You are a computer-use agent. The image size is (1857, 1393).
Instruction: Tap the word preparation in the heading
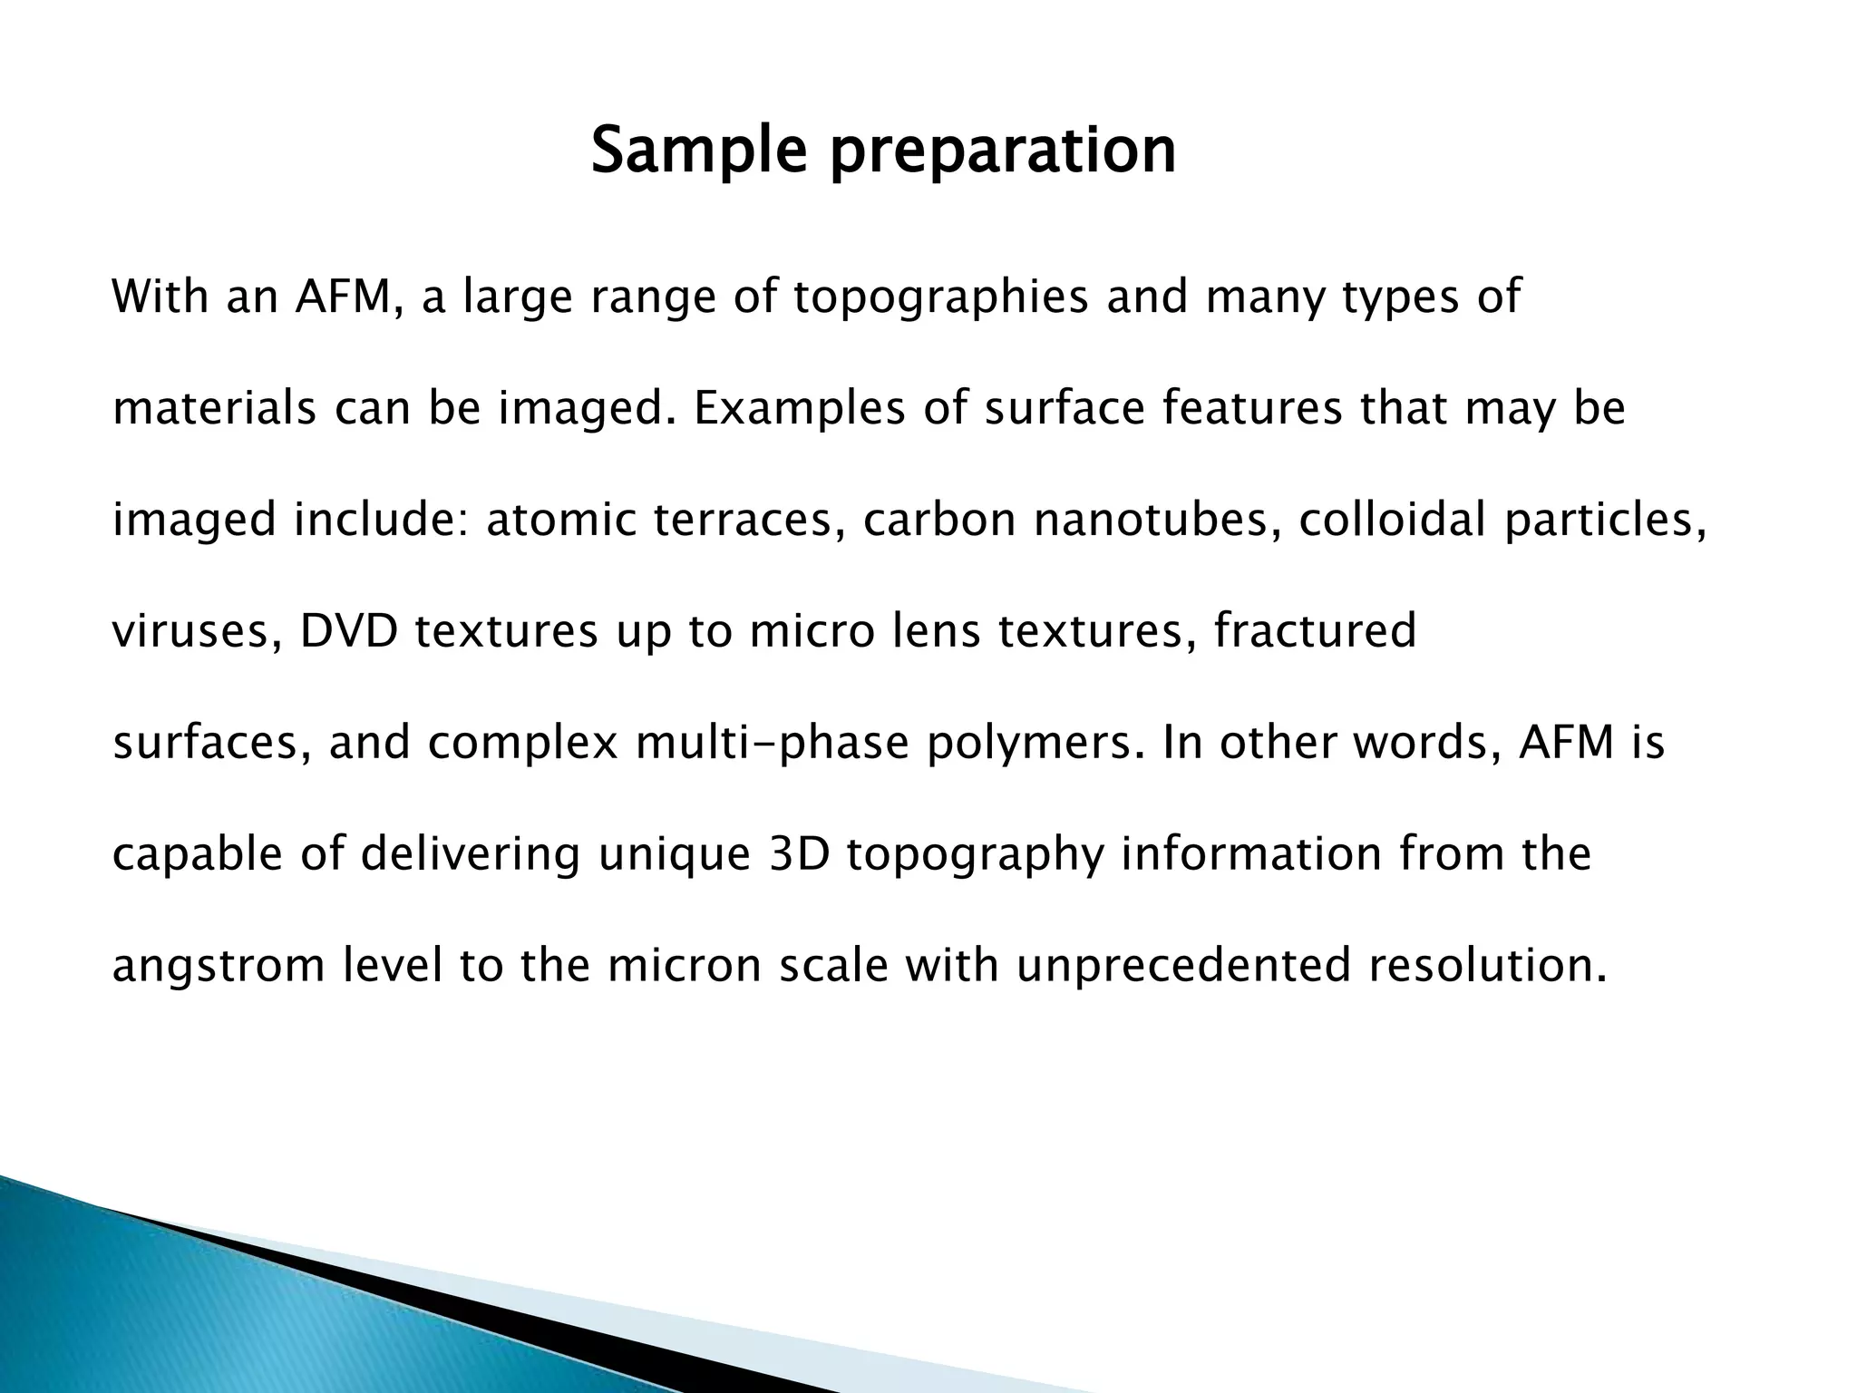[x=1004, y=151]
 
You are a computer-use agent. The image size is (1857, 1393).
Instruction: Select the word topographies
[x=940, y=298]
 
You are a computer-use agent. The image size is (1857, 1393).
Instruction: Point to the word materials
[x=214, y=409]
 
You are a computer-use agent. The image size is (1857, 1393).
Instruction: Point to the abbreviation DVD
[x=349, y=632]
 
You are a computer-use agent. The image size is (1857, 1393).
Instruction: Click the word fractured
[x=1315, y=632]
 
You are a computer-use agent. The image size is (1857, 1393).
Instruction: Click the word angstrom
[x=219, y=967]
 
